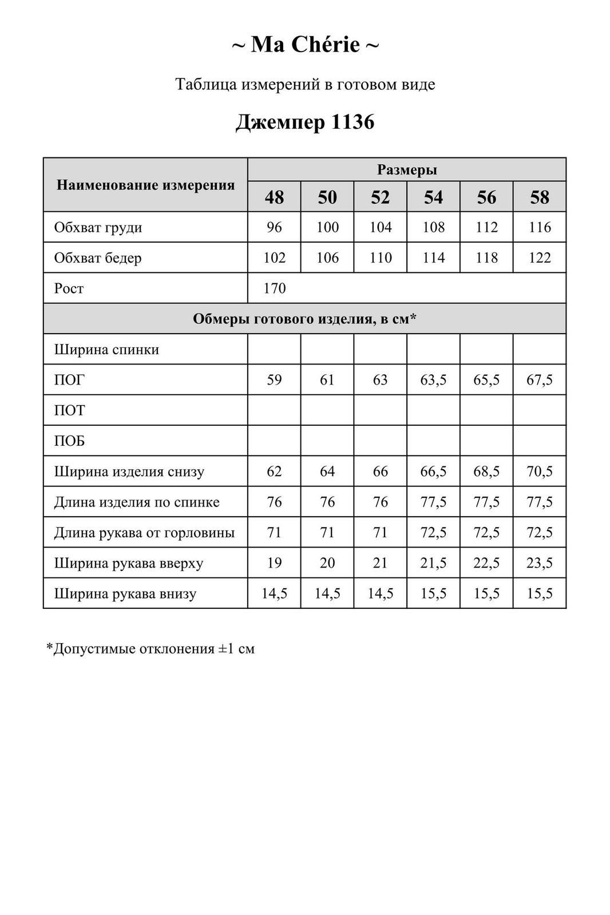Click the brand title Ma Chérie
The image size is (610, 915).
click(x=305, y=45)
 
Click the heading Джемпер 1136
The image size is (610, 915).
click(x=305, y=121)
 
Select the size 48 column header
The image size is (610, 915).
click(x=274, y=197)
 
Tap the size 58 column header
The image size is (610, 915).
click(x=539, y=197)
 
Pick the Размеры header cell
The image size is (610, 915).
click(x=407, y=170)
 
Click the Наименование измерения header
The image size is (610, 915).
click(x=146, y=185)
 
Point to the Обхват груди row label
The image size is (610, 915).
click(x=98, y=227)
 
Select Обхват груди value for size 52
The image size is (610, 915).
click(x=381, y=227)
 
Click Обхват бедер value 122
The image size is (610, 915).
click(x=539, y=258)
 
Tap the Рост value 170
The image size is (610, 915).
click(x=274, y=288)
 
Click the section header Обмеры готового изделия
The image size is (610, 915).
click(x=304, y=319)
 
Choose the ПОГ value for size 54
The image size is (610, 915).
click(x=433, y=380)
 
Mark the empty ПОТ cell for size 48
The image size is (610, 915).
click(x=274, y=410)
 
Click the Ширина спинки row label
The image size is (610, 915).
click(x=106, y=349)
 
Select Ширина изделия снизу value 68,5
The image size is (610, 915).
click(x=486, y=472)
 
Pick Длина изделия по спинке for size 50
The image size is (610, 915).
click(x=327, y=502)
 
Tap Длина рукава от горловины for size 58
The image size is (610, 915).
click(x=539, y=533)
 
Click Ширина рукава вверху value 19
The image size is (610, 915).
click(x=274, y=563)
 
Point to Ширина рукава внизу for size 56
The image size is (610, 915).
click(x=486, y=593)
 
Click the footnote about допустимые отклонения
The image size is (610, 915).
click(x=150, y=649)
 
